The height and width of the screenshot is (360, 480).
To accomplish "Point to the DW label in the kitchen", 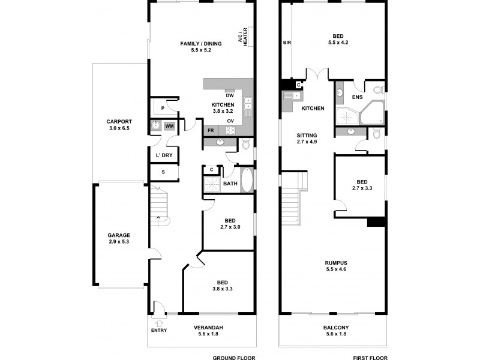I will point(229,95).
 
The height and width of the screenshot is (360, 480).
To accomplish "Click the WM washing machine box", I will point(169,126).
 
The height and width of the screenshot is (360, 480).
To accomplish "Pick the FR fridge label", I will point(211,130).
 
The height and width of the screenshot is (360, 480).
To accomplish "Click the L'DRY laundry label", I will point(164,155).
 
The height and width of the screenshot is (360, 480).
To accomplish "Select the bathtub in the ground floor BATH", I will point(247,179).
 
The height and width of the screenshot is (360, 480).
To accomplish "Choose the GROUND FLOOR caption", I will point(234,357).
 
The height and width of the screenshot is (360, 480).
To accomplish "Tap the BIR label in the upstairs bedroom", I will point(287,43).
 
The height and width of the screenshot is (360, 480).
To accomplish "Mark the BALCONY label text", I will point(337,327).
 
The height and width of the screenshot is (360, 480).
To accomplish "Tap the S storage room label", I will point(162,173).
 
